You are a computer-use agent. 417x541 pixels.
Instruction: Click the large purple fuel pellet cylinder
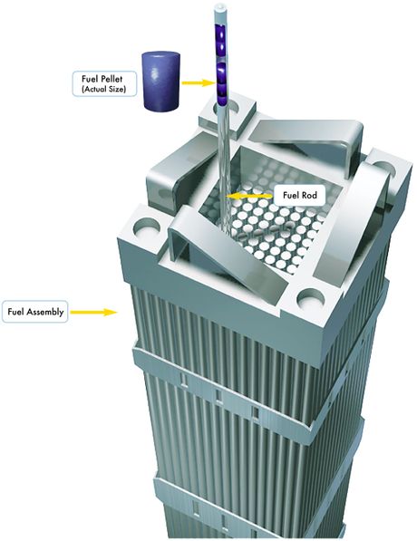pos(161,81)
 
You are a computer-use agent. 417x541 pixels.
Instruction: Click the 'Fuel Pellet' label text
pos(102,79)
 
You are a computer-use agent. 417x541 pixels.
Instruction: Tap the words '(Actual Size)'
pos(103,89)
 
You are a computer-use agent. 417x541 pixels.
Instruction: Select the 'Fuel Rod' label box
pos(299,196)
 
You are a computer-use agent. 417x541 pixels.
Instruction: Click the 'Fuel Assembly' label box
pos(35,312)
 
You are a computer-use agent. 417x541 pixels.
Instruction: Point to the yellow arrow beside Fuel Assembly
pos(94,313)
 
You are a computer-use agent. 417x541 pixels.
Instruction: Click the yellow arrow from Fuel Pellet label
pos(199,82)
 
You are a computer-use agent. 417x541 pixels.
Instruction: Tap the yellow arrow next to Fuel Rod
pos(248,197)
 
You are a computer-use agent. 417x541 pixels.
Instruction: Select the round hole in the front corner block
pos(311,299)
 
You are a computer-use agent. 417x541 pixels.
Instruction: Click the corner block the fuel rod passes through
pos(228,115)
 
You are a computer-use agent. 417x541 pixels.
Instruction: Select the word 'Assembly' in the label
pos(45,313)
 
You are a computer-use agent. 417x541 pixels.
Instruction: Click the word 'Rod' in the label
pos(310,195)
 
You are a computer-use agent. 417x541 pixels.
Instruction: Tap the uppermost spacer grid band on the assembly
pos(242,386)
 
